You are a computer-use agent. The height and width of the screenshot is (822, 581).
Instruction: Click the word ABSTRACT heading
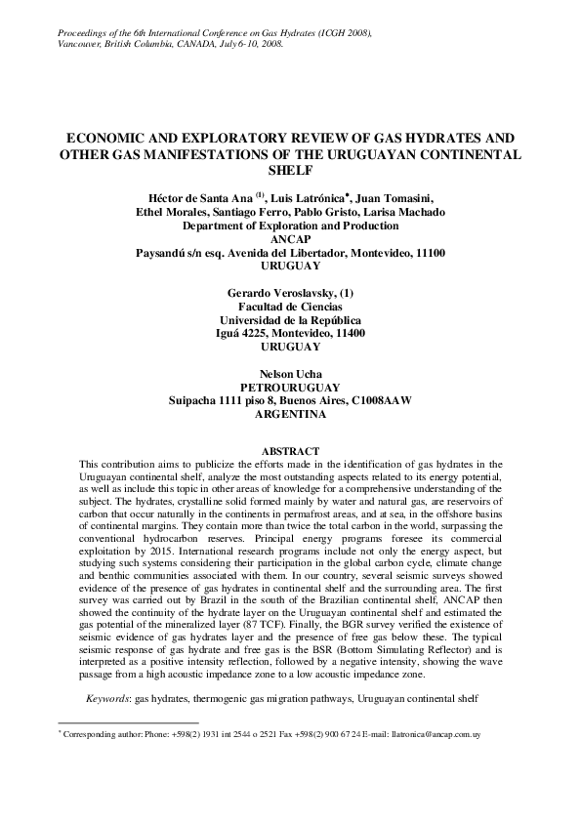[290, 450]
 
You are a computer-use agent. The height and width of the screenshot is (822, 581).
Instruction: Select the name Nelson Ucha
[290, 374]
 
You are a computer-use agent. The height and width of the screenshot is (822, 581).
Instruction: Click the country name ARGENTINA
[290, 414]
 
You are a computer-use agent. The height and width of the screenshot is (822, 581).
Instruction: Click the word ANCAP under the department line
[290, 239]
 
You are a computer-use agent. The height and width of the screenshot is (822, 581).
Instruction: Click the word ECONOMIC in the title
[107, 139]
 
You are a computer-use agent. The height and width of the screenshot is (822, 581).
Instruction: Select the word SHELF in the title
[290, 170]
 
